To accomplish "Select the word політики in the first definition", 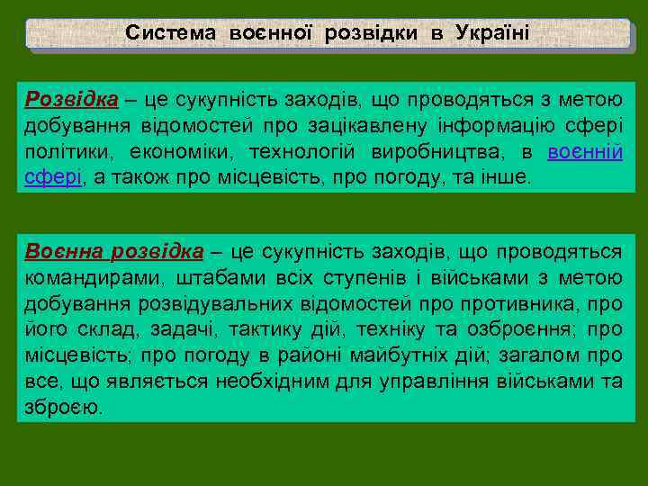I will [x=64, y=150].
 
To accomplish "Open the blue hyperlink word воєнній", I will [x=585, y=150].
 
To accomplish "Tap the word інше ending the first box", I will [x=508, y=176].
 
